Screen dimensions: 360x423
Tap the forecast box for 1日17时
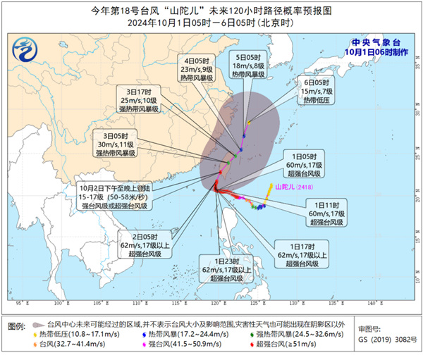point(300,254)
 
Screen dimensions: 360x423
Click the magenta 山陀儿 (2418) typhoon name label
point(295,187)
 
